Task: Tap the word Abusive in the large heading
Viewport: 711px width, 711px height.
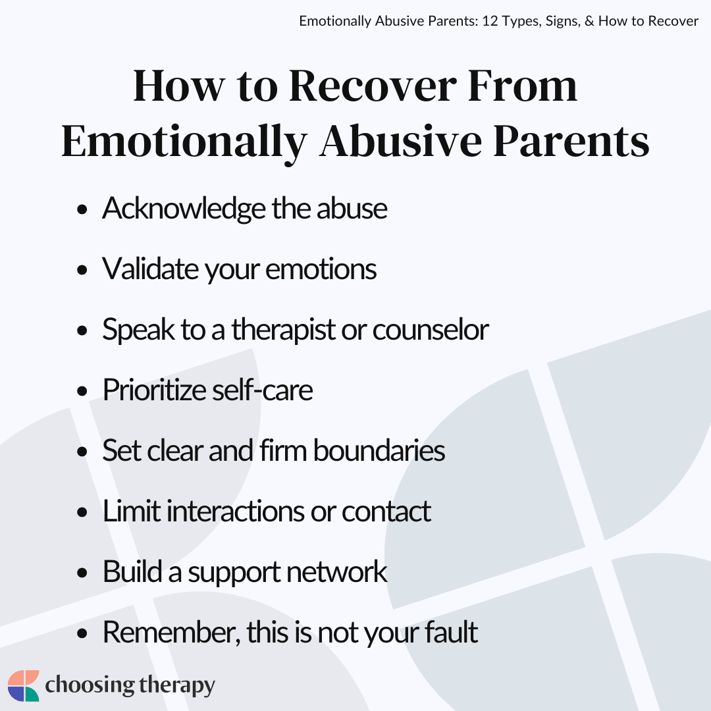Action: click(400, 141)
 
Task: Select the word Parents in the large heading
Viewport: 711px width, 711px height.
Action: click(571, 141)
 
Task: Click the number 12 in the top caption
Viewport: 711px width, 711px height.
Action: click(490, 21)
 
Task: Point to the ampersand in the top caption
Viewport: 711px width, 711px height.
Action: click(589, 21)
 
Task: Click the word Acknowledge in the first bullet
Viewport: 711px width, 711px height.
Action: click(184, 209)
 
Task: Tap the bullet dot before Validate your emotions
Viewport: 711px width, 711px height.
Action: click(82, 271)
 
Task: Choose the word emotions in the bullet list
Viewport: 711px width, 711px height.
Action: click(321, 269)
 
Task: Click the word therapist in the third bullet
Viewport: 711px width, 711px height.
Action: click(283, 330)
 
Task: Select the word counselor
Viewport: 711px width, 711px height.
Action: click(431, 330)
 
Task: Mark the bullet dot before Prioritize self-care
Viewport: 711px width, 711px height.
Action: click(82, 391)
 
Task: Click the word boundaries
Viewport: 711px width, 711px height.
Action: click(379, 450)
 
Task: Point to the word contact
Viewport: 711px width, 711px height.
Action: click(385, 512)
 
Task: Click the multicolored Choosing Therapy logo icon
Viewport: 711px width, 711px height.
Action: click(24, 685)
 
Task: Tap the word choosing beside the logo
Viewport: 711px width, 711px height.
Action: click(90, 685)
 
